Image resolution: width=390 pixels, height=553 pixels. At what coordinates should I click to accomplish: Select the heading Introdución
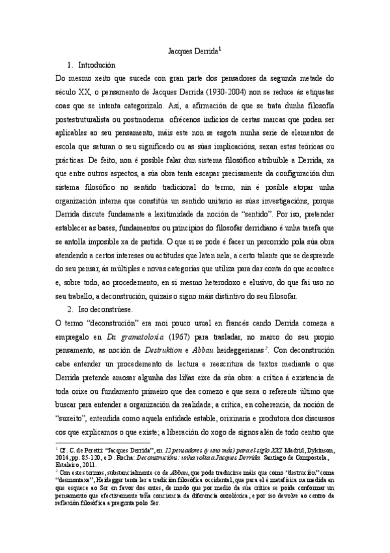click(96, 65)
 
